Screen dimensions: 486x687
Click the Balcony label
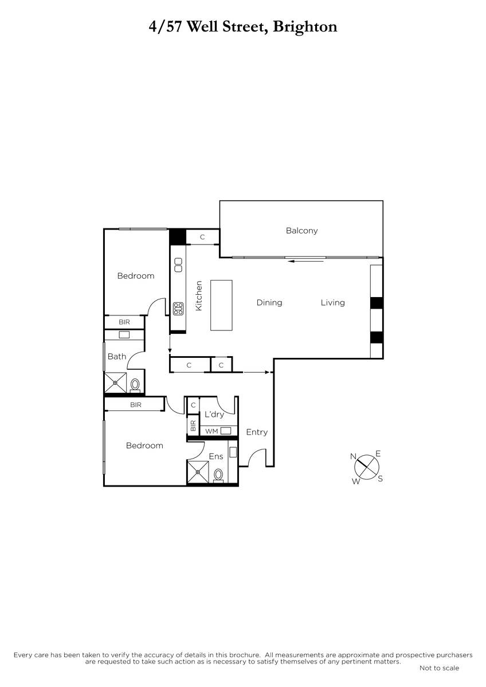[x=301, y=230]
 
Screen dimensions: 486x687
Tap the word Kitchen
[x=199, y=295]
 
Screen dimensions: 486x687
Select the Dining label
[x=269, y=303]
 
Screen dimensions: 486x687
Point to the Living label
[x=333, y=303]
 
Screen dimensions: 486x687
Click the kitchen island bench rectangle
[x=221, y=305]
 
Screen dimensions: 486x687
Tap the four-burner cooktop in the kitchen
[x=178, y=309]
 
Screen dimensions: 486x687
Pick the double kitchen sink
[x=178, y=264]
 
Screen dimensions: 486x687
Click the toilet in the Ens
[x=218, y=476]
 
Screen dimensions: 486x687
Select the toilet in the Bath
[x=135, y=385]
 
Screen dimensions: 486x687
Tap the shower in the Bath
[x=115, y=382]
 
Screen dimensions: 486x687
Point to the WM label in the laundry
[x=211, y=431]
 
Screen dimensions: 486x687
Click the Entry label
[x=257, y=432]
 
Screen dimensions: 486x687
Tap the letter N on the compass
[x=353, y=457]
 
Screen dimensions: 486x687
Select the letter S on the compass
[x=380, y=479]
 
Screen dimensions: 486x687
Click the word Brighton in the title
[x=305, y=27]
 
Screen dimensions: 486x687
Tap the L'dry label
[x=214, y=414]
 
